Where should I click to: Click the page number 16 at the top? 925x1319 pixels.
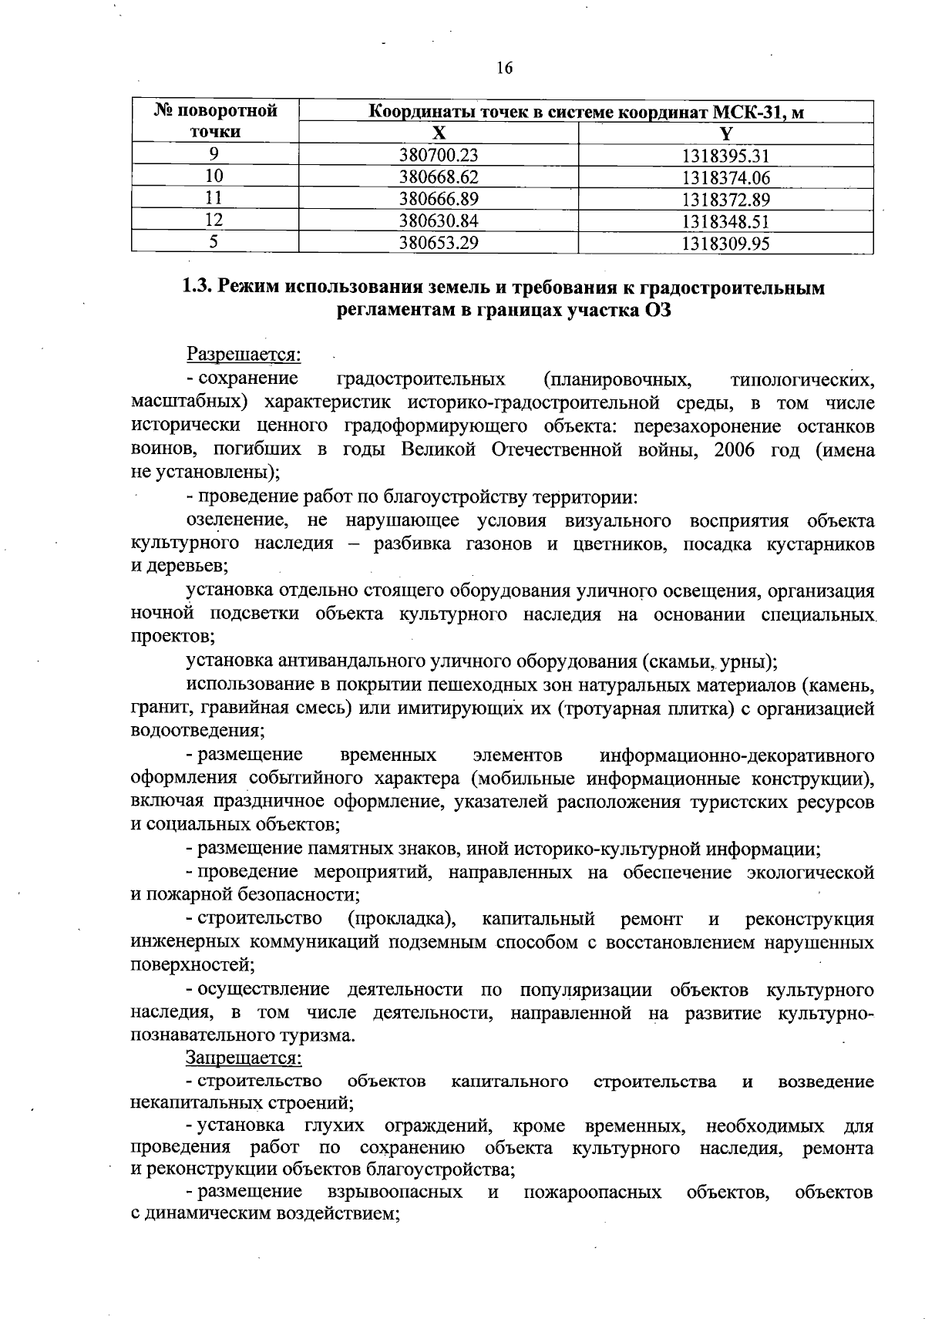pyautogui.click(x=504, y=68)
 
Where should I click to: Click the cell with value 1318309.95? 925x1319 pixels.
pyautogui.click(x=725, y=244)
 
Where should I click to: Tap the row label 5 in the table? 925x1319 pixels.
pyautogui.click(x=214, y=244)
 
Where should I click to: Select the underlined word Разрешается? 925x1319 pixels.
pyautogui.click(x=244, y=355)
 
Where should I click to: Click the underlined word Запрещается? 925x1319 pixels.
pyautogui.click(x=244, y=1058)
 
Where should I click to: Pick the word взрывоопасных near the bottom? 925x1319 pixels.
pyautogui.click(x=395, y=1193)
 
